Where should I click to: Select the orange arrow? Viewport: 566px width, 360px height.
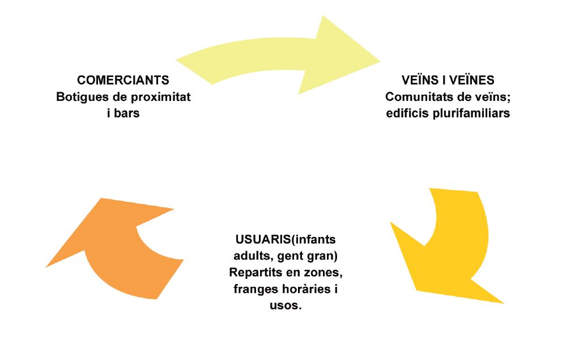click(x=113, y=255)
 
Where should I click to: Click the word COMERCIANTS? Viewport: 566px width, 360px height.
click(x=123, y=81)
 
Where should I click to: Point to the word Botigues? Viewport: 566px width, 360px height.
click(x=79, y=97)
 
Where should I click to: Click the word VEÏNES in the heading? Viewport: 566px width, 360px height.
click(x=471, y=81)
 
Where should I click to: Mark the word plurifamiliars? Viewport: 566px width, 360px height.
click(x=473, y=113)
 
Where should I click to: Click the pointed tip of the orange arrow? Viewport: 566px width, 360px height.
click(x=46, y=266)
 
